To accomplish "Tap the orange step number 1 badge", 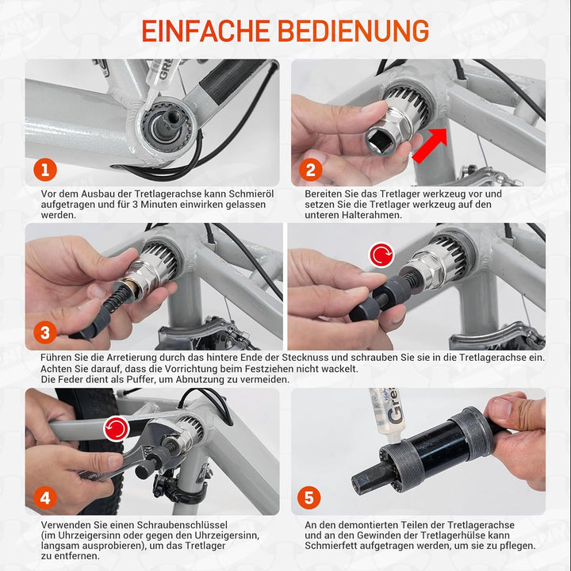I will click(45, 169).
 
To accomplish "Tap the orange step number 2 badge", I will click(311, 169).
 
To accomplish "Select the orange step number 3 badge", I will click(45, 332).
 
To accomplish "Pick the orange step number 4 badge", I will click(45, 497).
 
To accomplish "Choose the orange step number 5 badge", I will click(309, 497).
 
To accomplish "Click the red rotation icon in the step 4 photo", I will click(117, 429).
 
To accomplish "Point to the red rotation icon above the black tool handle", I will click(383, 255).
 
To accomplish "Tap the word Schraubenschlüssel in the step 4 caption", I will click(177, 525).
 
